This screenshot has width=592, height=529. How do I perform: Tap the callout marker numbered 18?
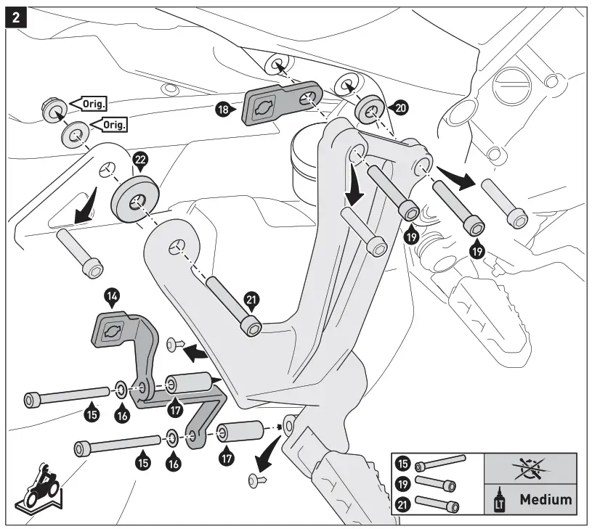pyautogui.click(x=225, y=110)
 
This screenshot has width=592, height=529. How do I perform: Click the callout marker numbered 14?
pyautogui.click(x=113, y=296)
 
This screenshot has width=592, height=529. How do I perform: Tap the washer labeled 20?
pyautogui.click(x=370, y=110)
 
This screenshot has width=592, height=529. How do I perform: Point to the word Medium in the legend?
pyautogui.click(x=545, y=499)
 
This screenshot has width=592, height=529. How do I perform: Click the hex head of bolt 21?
pyautogui.click(x=252, y=327)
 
